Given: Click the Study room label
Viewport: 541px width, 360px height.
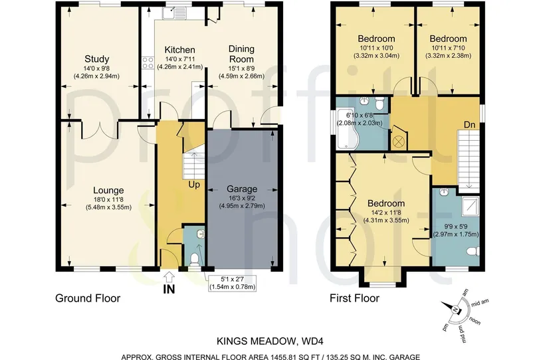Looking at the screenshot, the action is point(96,58).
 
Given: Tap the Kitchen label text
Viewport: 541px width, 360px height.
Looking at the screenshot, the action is point(179,50).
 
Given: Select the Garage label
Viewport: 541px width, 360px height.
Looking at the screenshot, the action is point(242,189).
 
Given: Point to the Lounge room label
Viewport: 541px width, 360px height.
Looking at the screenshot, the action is point(108,190).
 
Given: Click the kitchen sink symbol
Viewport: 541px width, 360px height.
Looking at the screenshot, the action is point(174,13).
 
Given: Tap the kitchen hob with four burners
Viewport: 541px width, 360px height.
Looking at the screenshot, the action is point(148,62).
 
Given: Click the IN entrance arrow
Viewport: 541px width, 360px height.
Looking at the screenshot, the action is point(169,276).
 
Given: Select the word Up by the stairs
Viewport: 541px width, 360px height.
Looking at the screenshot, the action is point(194,185).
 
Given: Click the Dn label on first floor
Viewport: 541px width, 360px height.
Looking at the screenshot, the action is point(469,125).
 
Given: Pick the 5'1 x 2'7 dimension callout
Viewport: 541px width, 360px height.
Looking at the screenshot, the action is point(233,283).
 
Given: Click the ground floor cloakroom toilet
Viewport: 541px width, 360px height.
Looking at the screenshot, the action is point(195,259).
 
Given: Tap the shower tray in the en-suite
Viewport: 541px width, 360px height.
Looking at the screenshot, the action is point(471,206).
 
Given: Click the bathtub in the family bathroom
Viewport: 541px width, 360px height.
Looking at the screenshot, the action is point(348,130).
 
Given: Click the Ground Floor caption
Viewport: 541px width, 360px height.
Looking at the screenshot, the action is point(88,298).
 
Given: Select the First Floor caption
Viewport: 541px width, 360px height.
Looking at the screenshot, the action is point(354,298).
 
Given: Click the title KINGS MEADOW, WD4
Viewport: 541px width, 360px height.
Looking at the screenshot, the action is point(270,341).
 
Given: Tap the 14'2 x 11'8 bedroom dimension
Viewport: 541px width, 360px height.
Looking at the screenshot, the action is point(386,213).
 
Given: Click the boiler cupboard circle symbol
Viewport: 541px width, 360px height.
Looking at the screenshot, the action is point(399,141).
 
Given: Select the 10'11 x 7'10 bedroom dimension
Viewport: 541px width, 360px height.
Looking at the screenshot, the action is point(448,48).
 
